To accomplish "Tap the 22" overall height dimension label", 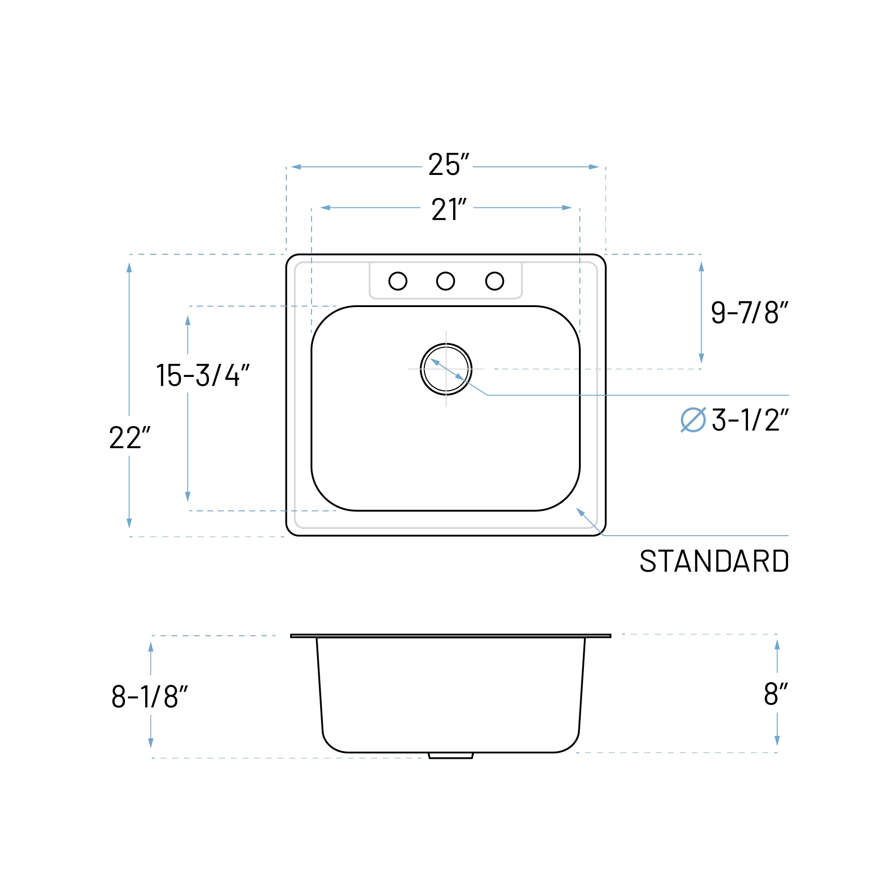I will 129,437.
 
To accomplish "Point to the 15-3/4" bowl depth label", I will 202,375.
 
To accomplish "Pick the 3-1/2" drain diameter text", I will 750,420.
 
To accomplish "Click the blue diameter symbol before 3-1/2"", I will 693,420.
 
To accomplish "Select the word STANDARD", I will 714,561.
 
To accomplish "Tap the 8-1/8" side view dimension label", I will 149,697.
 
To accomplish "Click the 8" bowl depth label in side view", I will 776,694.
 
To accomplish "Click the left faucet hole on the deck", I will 398,281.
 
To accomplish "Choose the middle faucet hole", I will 445,281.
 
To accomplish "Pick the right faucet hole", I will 494,281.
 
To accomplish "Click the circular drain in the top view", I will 445,369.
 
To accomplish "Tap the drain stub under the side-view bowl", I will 450,756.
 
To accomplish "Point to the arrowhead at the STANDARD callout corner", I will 580,511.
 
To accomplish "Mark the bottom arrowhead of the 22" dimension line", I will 129,523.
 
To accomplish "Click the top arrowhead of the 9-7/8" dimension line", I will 701,267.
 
